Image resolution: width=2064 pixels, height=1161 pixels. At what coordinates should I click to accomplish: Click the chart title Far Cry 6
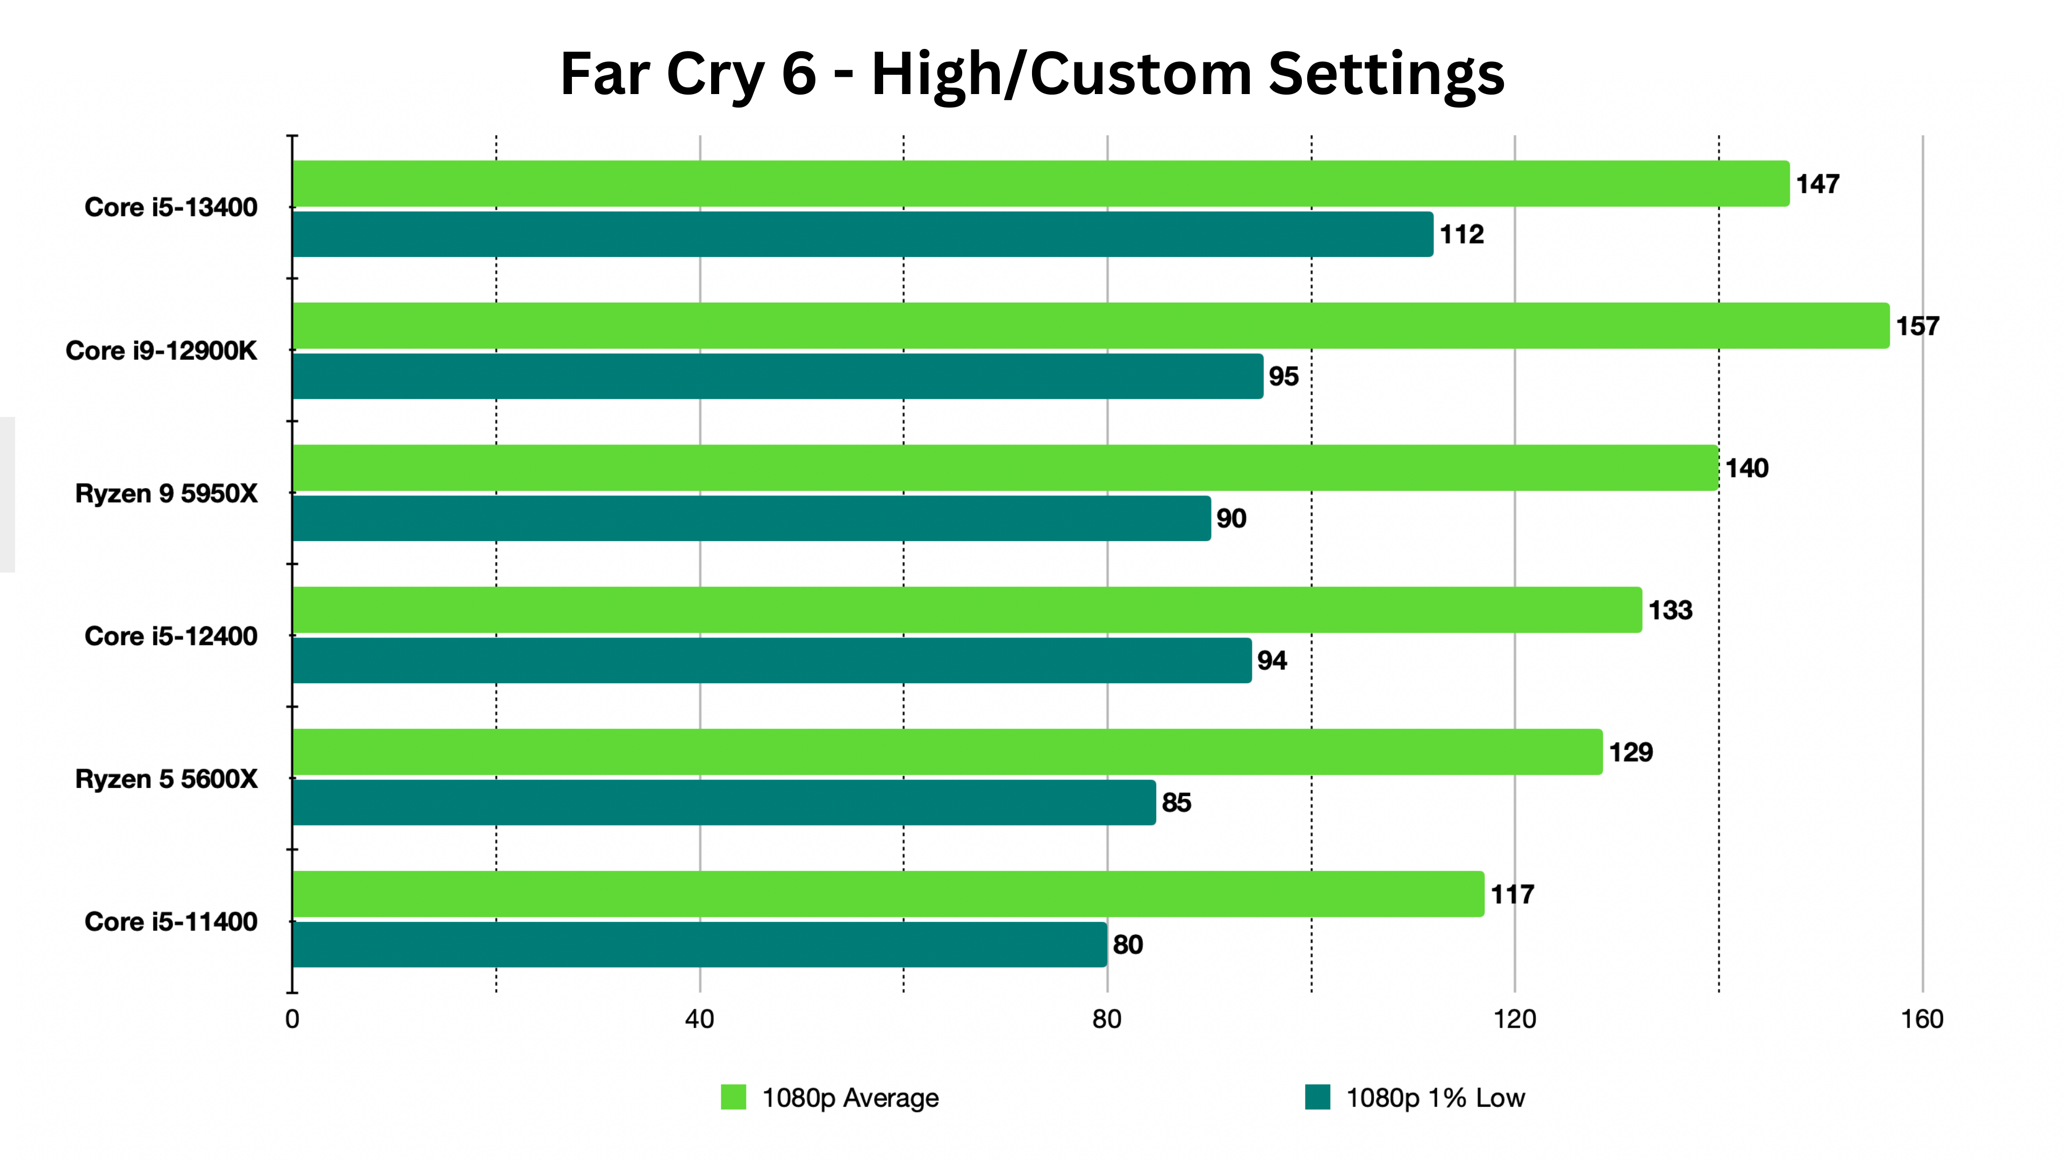pos(1032,74)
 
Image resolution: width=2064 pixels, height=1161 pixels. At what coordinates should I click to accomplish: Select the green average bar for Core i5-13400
pos(1040,183)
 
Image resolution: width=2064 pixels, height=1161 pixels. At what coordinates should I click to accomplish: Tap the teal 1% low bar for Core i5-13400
pos(862,234)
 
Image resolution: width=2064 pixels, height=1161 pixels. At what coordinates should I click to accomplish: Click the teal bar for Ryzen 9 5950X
pos(751,518)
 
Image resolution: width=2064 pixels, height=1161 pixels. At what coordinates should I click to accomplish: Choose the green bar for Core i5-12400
pos(966,610)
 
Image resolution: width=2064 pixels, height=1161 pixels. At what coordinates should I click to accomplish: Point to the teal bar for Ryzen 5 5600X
pos(723,802)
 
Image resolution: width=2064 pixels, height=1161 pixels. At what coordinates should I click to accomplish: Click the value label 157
pos(1917,326)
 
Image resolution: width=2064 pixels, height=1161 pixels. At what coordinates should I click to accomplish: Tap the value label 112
pos(1461,235)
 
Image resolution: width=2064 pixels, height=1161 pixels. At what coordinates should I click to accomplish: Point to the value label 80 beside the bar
pos(1127,945)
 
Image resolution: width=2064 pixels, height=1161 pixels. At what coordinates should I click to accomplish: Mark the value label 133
pos(1670,611)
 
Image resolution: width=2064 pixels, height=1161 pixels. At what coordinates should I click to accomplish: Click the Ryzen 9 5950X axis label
pos(167,493)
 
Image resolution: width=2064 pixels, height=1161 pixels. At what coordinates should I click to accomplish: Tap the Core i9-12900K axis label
pos(161,351)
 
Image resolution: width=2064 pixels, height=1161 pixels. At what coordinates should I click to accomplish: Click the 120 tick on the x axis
pos(1514,1019)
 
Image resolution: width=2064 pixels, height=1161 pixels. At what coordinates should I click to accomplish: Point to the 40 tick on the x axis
pos(699,1019)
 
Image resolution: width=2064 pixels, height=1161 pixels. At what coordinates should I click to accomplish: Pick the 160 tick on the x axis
pos(1922,1019)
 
